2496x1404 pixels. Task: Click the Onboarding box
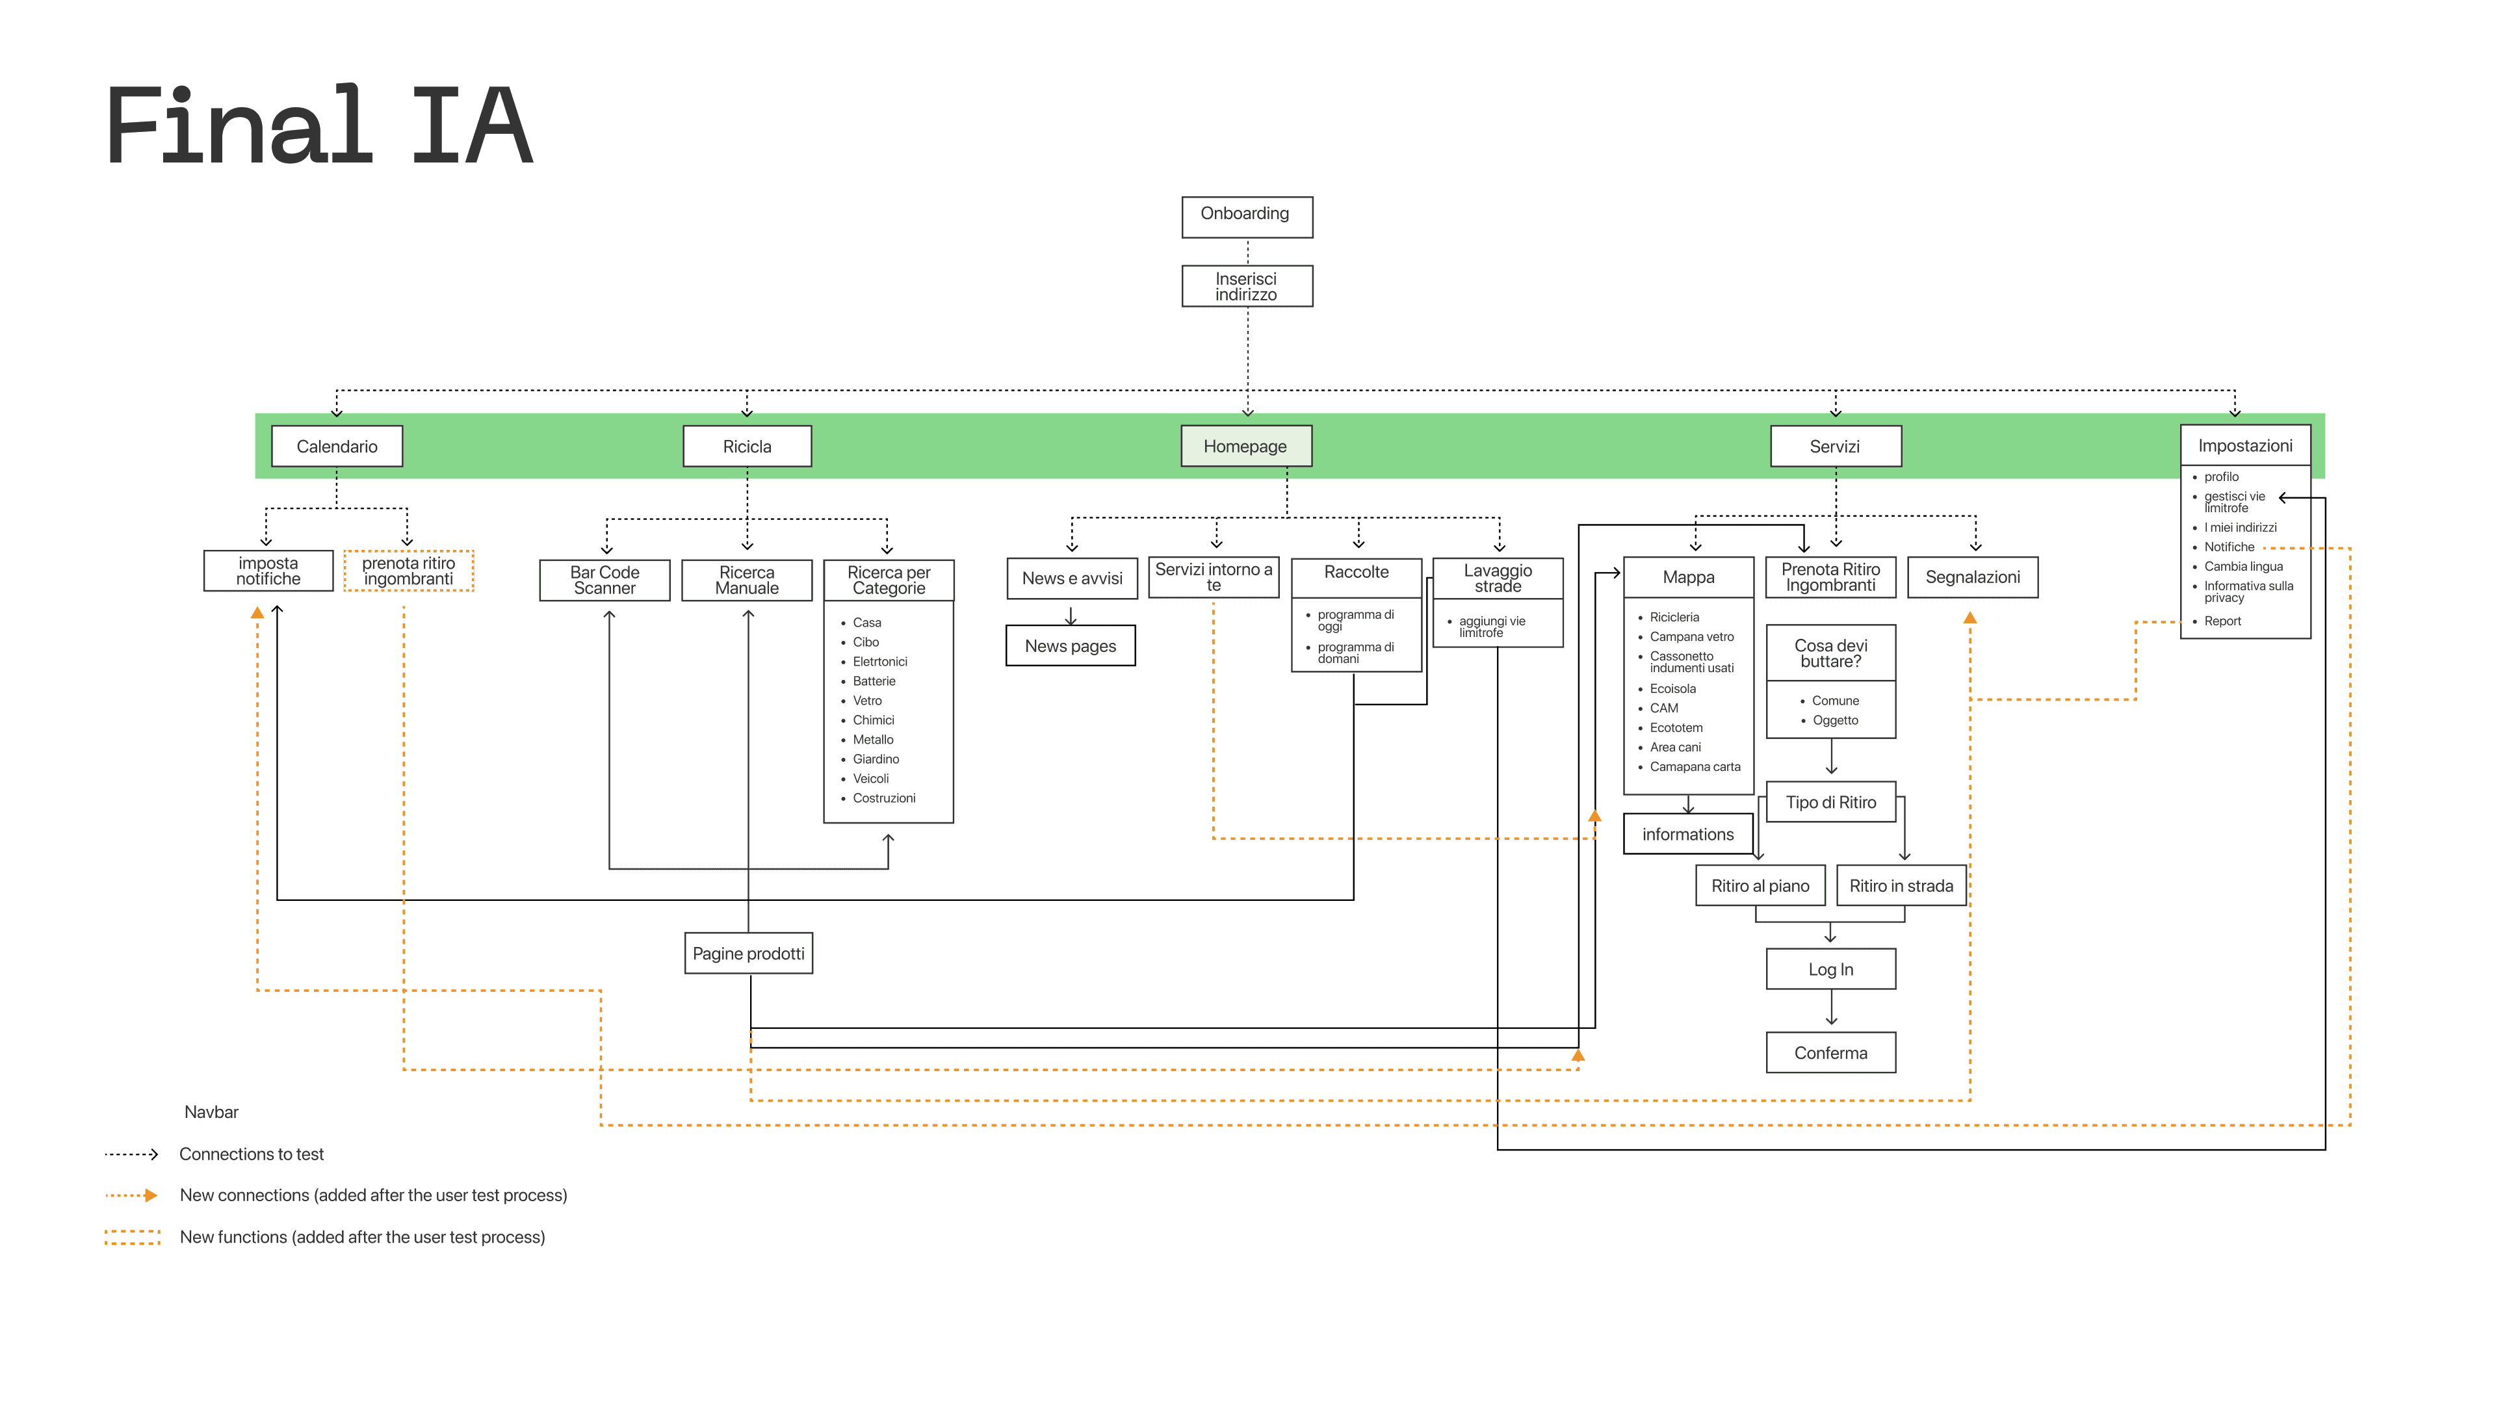[1246, 216]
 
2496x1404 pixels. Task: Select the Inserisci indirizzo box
[1246, 286]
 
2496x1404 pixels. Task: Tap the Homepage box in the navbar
[1245, 446]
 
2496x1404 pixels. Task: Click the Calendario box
[336, 446]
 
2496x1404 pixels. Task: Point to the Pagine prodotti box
[748, 954]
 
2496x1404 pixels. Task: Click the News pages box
[1070, 646]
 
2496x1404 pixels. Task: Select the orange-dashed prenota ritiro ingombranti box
[408, 571]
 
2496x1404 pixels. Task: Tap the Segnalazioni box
[1972, 577]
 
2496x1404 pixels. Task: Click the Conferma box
[1830, 1053]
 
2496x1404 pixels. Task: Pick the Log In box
[1830, 969]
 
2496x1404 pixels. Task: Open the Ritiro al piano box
[1760, 885]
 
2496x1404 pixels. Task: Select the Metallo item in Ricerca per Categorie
[873, 739]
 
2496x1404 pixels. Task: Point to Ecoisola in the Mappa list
[1672, 689]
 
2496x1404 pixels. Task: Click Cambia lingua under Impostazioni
[2243, 567]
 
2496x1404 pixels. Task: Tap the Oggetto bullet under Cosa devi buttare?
[1834, 720]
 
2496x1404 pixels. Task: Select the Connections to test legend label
[251, 1154]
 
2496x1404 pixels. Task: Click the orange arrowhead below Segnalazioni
[1970, 617]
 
